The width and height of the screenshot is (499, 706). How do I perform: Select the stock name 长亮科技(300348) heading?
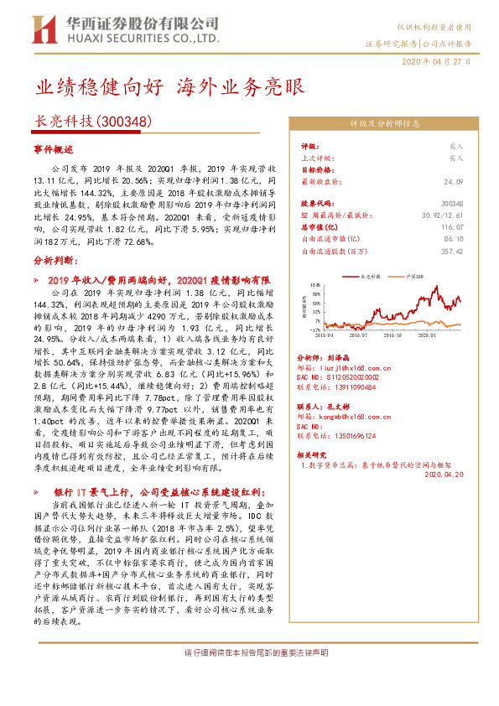tap(92, 121)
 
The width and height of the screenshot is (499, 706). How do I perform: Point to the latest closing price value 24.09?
tap(454, 180)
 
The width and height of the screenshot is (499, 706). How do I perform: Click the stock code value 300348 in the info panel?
tap(452, 203)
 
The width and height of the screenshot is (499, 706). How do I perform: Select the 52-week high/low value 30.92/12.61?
tap(443, 215)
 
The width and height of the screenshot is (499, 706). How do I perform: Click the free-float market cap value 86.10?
tap(453, 238)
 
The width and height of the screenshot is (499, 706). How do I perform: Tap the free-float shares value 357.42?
tap(451, 250)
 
